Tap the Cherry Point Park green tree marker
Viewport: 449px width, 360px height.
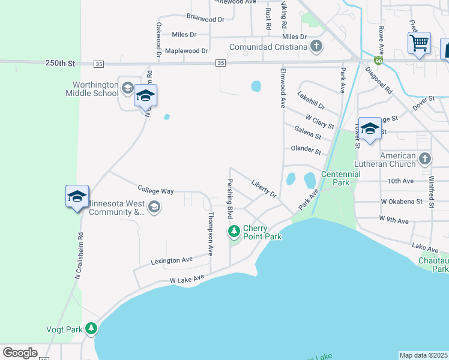234,231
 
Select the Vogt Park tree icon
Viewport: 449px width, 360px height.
91,328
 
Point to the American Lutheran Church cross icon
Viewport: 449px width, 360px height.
425,159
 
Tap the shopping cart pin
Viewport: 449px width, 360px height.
419,43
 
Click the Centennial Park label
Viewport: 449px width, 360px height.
340,178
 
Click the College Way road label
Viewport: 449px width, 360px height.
155,191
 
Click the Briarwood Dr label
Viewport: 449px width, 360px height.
205,19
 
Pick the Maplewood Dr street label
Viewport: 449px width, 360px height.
186,51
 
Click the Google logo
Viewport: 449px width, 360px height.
20,353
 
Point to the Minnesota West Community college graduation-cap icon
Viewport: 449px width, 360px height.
154,208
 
